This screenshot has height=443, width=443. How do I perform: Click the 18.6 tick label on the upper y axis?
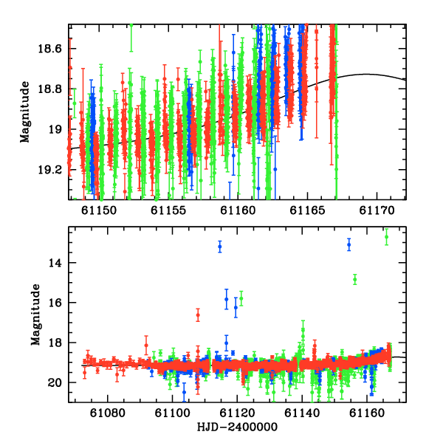(x=49, y=49)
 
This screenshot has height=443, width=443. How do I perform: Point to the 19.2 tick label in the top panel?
(x=49, y=170)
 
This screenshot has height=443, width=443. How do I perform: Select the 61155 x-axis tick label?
(x=168, y=210)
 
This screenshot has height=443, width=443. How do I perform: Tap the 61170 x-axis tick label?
(x=377, y=210)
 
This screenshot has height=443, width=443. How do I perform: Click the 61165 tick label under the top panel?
(x=307, y=210)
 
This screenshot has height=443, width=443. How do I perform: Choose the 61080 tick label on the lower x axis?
(x=107, y=413)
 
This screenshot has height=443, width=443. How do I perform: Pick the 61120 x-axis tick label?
(x=237, y=413)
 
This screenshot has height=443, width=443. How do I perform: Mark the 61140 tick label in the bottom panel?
(x=302, y=413)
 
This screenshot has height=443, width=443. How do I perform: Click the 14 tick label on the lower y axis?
(x=55, y=263)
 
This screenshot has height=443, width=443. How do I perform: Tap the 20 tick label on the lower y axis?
(x=55, y=382)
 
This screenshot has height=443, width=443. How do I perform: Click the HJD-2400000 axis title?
(x=237, y=427)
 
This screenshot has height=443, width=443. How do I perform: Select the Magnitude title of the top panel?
(x=25, y=112)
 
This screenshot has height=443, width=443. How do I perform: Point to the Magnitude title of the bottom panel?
(x=35, y=315)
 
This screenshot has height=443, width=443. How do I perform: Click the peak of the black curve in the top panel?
(x=366, y=75)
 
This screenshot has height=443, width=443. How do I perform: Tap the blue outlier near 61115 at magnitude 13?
(x=220, y=247)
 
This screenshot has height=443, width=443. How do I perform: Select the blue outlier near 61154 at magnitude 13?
(x=349, y=244)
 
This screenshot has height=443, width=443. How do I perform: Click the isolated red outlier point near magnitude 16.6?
(x=198, y=315)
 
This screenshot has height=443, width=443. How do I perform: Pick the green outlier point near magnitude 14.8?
(x=355, y=280)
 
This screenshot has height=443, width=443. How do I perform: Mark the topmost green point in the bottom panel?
(x=386, y=237)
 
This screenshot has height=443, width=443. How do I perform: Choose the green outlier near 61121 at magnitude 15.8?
(x=241, y=298)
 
